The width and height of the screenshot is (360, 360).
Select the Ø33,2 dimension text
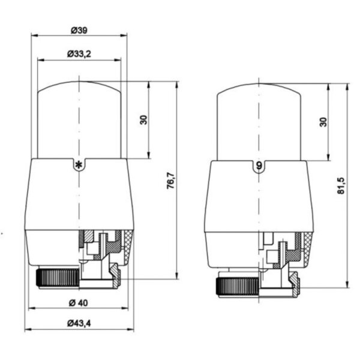pyautogui.click(x=80, y=54)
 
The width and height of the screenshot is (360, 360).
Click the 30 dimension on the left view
pyautogui.click(x=143, y=119)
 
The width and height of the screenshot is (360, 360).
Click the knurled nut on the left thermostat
pyautogui.click(x=58, y=278)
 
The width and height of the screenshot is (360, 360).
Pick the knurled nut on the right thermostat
pyautogui.click(x=237, y=281)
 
